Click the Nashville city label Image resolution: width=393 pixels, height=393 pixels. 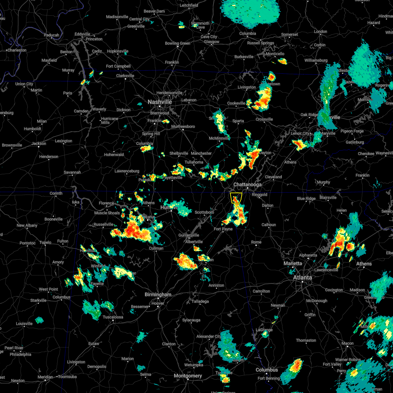pos(159,102)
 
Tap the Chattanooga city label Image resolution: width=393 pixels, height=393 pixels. pos(247,185)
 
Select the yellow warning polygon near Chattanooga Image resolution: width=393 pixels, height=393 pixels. pos(236,198)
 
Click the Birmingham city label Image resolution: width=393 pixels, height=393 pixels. pos(158,294)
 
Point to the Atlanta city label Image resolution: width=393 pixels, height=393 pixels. pos(302,277)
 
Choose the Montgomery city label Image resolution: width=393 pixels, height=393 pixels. pos(188,376)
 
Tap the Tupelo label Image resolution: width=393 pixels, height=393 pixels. pos(45,242)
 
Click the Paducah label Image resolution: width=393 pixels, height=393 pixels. pos(51,35)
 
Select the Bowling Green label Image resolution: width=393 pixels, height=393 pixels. pos(178,43)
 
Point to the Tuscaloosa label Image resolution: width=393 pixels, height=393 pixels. pos(113,317)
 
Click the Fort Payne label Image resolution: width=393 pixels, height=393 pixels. pos(223,229)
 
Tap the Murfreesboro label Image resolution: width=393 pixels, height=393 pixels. pos(183,126)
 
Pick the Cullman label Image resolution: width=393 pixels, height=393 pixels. pos(156,248)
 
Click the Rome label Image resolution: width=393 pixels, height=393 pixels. pos(256,242)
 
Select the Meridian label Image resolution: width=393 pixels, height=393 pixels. pos(45,377)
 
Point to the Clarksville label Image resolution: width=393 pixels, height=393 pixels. pos(125,76)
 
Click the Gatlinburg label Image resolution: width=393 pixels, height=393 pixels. pos(355,142)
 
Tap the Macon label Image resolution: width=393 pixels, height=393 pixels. pos(347,343)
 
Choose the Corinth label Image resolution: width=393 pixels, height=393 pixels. pos(56,193)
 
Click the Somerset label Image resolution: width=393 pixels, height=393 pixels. pos(290,34)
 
